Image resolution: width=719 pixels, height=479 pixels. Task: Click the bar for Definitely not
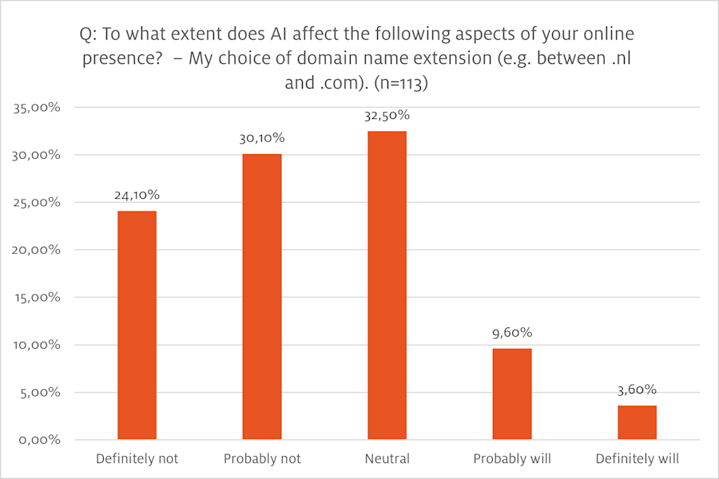[x=137, y=325]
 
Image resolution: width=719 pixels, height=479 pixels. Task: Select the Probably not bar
[x=262, y=296]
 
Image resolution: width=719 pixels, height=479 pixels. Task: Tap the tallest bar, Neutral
[x=387, y=285]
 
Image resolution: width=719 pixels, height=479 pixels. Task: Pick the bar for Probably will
[x=512, y=394]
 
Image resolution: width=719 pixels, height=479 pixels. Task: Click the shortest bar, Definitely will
[x=637, y=422]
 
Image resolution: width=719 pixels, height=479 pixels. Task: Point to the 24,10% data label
[x=137, y=195]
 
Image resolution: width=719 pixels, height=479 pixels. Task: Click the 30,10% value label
[x=262, y=138]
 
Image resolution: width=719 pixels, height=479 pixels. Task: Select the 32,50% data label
[x=387, y=116]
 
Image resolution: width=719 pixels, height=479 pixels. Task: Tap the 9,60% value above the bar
[x=512, y=333]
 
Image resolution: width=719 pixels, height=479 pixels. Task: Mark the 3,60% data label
[x=637, y=390]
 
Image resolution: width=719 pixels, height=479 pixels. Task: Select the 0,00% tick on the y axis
[x=42, y=440]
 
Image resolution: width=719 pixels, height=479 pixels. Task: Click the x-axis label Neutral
[x=387, y=459]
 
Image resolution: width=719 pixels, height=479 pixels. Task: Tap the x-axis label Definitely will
[x=637, y=459]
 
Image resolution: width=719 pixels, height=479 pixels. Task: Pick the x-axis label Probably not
[x=262, y=459]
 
